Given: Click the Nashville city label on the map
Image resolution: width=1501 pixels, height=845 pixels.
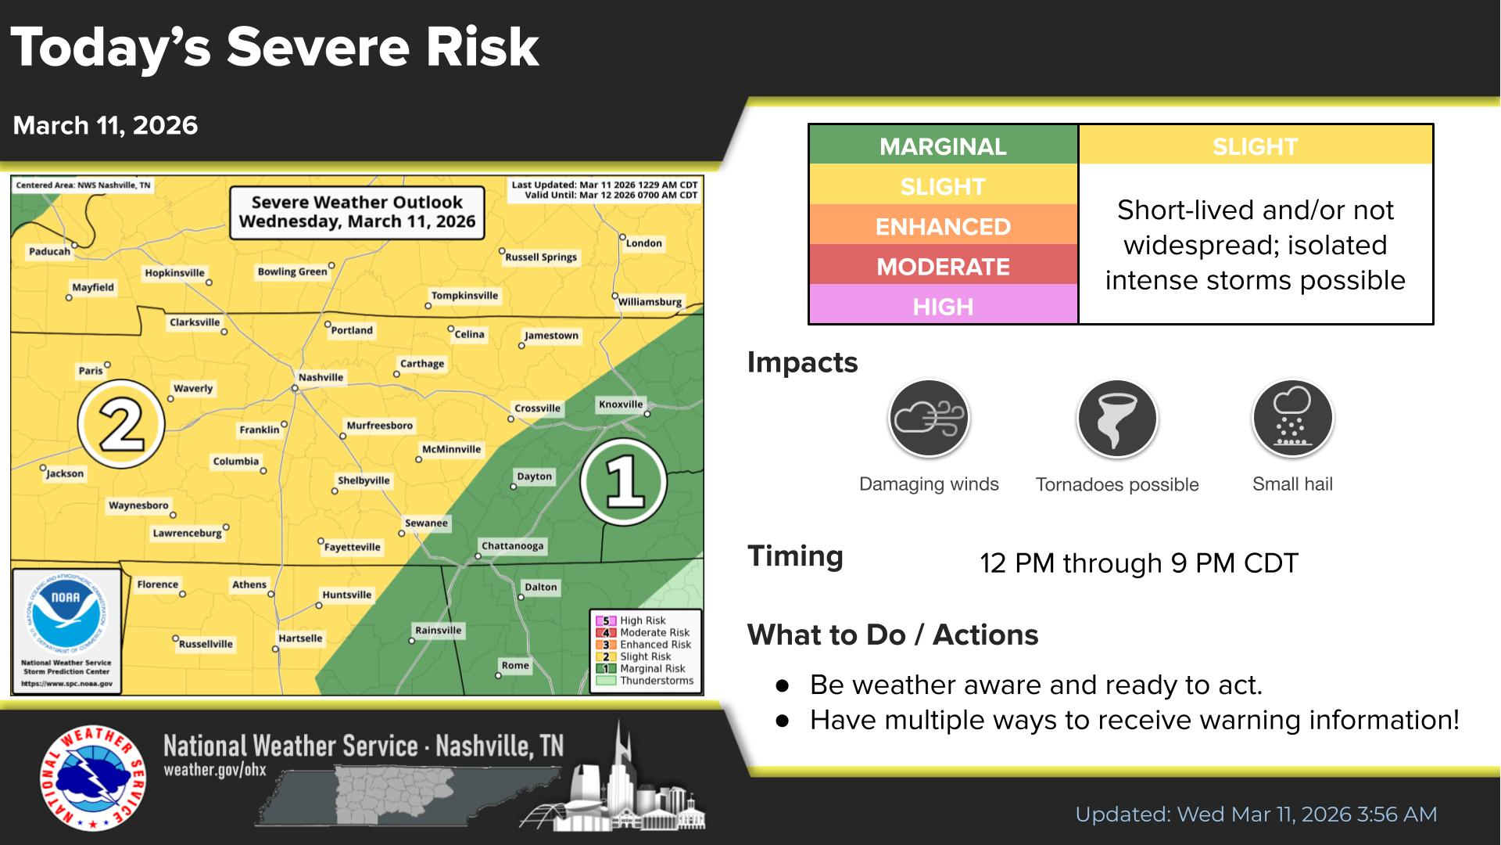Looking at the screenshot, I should [321, 377].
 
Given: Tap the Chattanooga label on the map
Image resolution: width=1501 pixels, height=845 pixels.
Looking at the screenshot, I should [512, 546].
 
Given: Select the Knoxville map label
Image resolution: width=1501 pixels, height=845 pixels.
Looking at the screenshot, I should [621, 405].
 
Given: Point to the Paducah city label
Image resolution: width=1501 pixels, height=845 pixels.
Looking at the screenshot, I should [49, 251].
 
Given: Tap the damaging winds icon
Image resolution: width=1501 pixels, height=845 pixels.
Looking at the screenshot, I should [929, 419].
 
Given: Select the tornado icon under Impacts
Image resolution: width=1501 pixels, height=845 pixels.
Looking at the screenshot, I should [1116, 419].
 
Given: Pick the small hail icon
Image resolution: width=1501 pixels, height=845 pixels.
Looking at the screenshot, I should [1291, 419].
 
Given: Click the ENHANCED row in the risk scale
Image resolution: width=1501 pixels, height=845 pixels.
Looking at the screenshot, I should [943, 226].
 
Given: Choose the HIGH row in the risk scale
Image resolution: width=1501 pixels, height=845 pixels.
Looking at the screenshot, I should [943, 306].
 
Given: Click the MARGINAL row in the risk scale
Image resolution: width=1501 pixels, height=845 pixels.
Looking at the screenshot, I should [943, 146].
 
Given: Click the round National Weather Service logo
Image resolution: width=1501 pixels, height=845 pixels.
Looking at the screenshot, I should [92, 779].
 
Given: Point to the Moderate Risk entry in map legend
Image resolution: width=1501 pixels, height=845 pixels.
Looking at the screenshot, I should [654, 632].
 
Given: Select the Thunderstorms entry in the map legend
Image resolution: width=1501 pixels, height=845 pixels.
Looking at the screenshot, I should [656, 681].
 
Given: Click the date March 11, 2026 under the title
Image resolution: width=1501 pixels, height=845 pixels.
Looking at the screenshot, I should [106, 125].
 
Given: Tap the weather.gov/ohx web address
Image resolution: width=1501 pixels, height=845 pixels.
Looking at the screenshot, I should [215, 770].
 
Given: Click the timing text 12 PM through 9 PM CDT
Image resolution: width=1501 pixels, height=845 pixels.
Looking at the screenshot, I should [1138, 563].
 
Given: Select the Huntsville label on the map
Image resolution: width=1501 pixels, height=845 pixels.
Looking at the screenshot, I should [346, 595].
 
